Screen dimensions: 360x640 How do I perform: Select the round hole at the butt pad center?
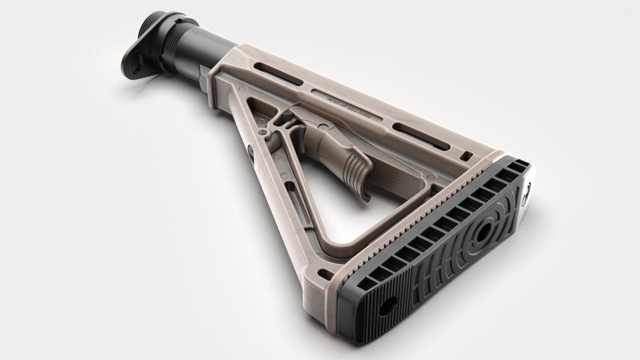[x=483, y=236]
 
